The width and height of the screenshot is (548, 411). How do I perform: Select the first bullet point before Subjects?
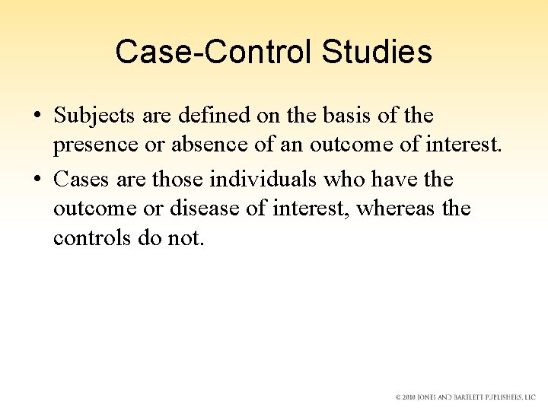click(37, 116)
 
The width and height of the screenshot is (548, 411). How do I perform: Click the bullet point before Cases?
click(37, 180)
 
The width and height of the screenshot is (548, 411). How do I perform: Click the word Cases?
click(82, 180)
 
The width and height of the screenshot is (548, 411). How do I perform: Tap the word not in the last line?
click(188, 237)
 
